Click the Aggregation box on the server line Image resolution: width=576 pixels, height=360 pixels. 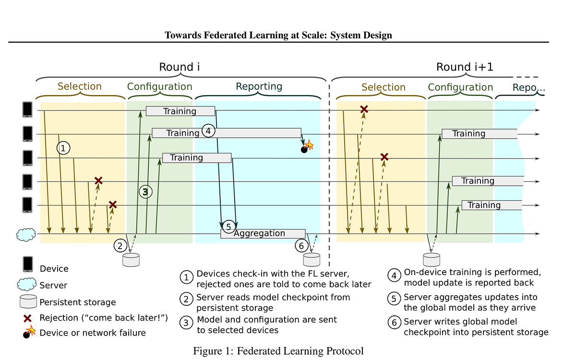coord(263,234)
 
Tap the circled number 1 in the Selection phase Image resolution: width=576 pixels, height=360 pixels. coord(63,148)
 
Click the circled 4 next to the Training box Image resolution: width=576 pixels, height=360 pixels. coord(208,131)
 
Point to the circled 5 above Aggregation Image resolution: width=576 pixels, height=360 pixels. coord(228,226)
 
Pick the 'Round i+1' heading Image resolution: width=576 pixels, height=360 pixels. coord(464,67)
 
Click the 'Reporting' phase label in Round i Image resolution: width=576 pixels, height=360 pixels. coord(259,86)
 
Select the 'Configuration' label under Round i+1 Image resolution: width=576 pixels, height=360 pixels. coord(460,87)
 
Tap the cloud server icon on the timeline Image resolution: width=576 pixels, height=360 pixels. coord(26,234)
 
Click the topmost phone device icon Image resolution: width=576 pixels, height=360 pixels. coord(28,110)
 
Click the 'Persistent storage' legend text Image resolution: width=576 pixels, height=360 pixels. coord(78,302)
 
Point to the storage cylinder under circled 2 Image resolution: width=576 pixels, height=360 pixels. coord(131,260)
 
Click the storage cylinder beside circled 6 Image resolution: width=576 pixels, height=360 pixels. coord(311,260)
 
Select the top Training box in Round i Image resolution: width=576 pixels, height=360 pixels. coord(180,111)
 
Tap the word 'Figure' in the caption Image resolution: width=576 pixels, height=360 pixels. coord(207,351)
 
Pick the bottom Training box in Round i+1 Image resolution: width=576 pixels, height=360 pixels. coord(492,205)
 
